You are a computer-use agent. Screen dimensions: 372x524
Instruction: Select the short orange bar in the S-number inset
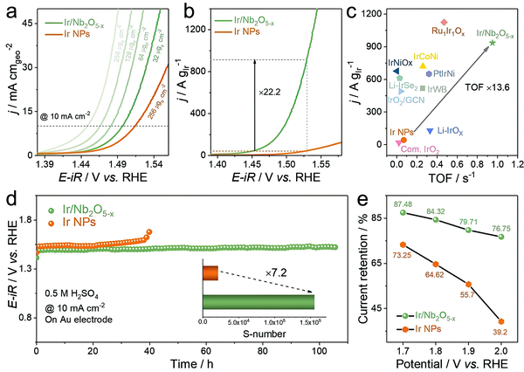tap(210, 273)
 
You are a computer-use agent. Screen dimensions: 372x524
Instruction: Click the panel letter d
tap(11, 197)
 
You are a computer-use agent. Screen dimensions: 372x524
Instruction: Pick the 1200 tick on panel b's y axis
tap(190, 27)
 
